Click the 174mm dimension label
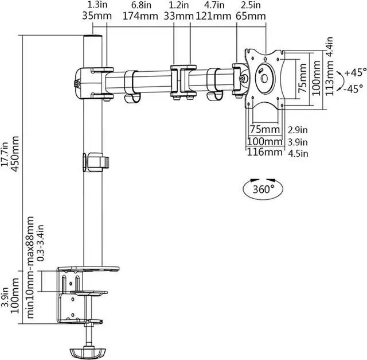point(140,17)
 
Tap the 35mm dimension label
point(97,17)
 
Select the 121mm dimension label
point(213,17)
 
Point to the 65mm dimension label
point(251,17)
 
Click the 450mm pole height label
point(15,154)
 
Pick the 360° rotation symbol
point(263,189)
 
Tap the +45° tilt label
point(356,72)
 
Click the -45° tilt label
point(354,89)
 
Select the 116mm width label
point(265,152)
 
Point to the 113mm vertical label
point(329,78)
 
